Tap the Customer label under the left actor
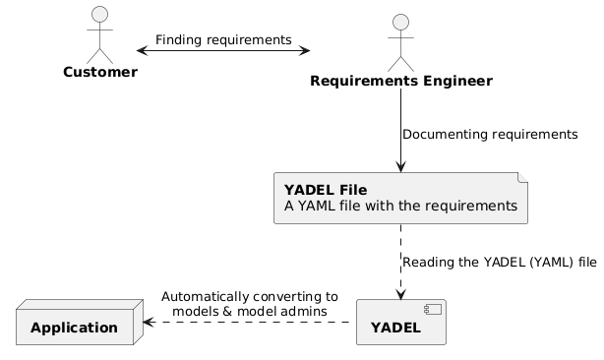(99, 72)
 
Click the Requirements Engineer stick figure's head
(400, 24)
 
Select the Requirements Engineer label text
(400, 81)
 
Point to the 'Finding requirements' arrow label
(223, 39)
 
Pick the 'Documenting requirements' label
(489, 134)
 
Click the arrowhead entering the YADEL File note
(400, 167)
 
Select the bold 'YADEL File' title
(325, 189)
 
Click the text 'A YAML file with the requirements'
(400, 207)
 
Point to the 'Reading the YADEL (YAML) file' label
(499, 263)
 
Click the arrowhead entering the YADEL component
(400, 292)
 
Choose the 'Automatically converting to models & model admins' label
(249, 303)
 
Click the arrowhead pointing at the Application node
(148, 322)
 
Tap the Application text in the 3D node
(74, 327)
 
